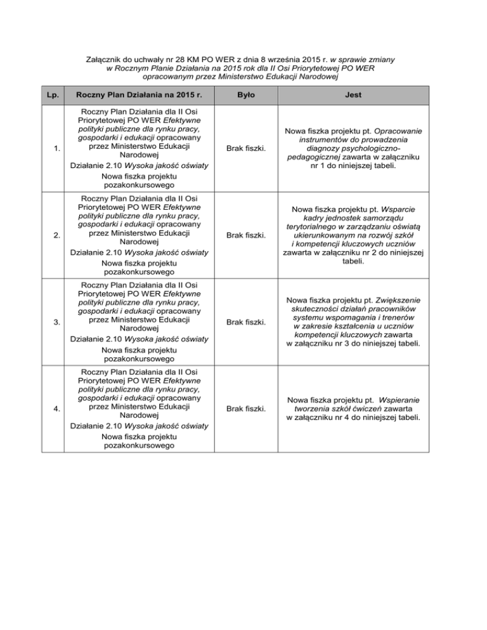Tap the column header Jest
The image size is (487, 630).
[x=354, y=95]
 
